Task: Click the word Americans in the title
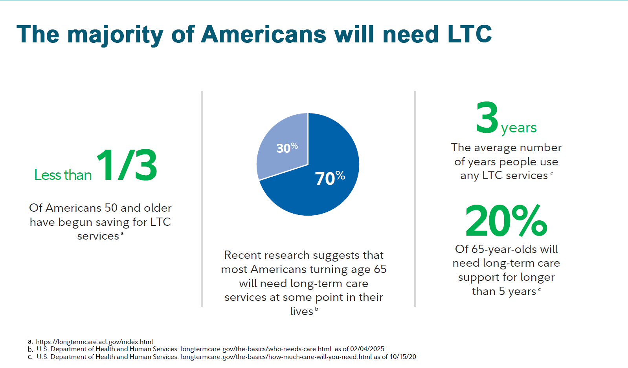coord(263,35)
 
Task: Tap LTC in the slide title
coord(469,35)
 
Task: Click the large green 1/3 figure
coord(127,165)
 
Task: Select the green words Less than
coord(63,175)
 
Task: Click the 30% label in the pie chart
coord(286,148)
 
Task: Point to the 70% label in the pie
coord(330,178)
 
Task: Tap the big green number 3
coord(487,118)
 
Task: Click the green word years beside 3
coord(519,128)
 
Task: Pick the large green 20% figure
coord(506,221)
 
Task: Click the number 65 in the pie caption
coord(380,269)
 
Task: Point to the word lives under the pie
coord(301,311)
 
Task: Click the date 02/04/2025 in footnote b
coord(367,349)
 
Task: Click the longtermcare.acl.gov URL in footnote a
coord(94,342)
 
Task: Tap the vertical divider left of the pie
coord(202,198)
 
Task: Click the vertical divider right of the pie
coord(415,198)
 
